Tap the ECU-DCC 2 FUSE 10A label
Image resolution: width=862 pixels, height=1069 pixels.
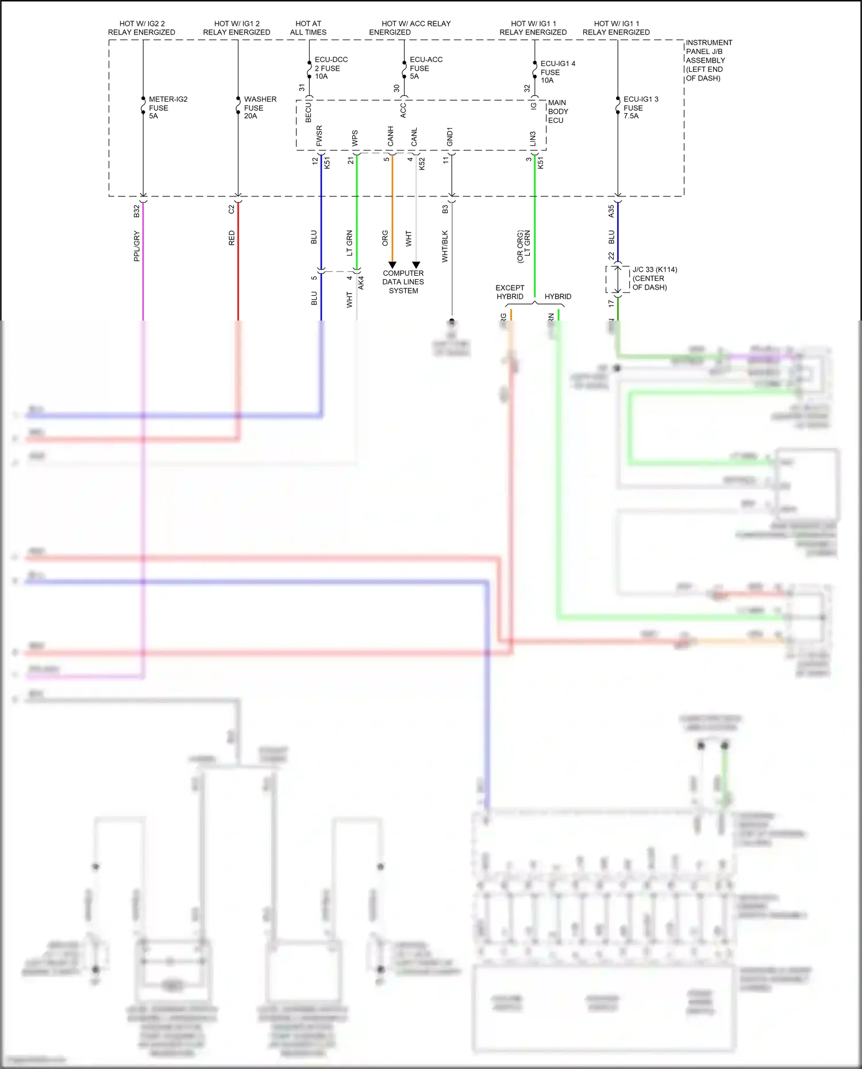point(330,68)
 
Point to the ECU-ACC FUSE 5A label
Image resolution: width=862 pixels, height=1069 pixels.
point(425,68)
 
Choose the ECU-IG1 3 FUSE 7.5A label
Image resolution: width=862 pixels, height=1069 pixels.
point(640,107)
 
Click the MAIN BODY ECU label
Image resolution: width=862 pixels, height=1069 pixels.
point(557,111)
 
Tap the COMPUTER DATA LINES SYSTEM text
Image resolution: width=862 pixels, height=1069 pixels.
point(403,282)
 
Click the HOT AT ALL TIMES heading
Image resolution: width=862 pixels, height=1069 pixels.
point(308,28)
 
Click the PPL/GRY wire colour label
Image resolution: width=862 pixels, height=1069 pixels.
point(137,246)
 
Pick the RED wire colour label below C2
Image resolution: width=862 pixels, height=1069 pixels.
point(232,238)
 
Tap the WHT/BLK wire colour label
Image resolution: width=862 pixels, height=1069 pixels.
point(445,246)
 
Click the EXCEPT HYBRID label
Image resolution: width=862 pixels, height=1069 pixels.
point(510,292)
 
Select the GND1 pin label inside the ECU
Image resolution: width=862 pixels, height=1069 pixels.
point(450,136)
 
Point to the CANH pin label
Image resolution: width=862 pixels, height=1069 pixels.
point(390,136)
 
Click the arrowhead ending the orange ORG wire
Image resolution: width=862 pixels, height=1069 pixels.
point(392,265)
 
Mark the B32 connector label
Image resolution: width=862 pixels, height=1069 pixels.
point(137,211)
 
